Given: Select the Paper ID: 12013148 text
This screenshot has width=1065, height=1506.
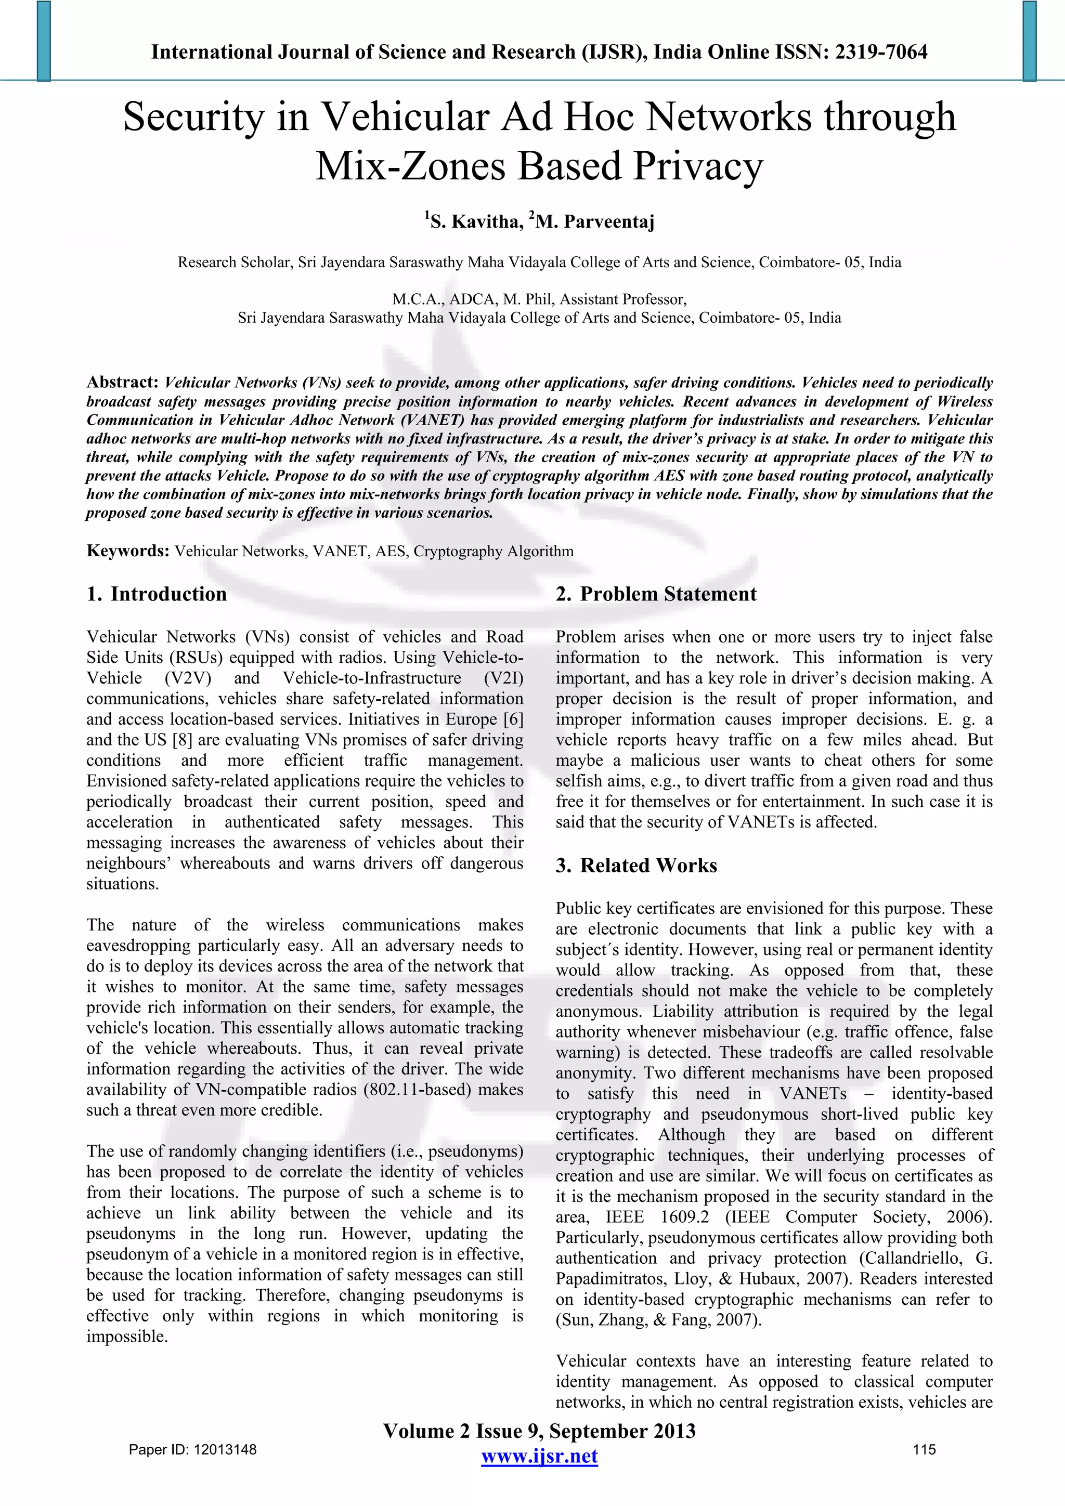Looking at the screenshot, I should pos(192,1449).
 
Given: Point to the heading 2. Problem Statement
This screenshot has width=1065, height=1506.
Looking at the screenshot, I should pos(656,594).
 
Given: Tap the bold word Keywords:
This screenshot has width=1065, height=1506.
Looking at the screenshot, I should pos(128,551).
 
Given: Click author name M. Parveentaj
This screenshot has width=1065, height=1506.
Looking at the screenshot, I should pos(595,221).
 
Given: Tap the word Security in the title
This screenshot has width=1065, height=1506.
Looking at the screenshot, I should pos(193,117).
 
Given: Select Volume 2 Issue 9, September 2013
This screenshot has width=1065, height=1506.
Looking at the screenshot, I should pos(539,1431).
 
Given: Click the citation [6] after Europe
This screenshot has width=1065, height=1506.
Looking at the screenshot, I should pos(513,719).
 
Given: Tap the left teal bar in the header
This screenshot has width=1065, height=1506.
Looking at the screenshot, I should pos(43,41).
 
